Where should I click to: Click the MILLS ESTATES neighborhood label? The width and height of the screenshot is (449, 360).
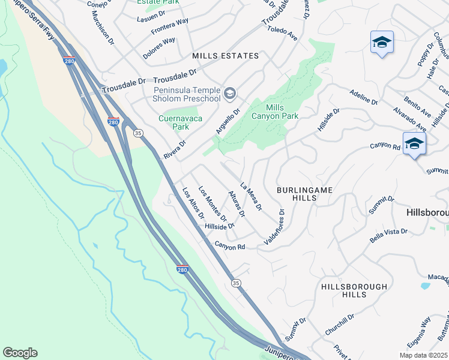225,56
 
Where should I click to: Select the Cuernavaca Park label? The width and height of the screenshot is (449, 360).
182,122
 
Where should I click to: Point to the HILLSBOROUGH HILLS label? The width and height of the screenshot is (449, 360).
354,291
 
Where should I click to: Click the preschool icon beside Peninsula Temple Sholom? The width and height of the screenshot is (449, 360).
229,94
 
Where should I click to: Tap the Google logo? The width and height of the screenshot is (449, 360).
20,353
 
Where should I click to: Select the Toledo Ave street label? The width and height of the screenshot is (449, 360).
283,32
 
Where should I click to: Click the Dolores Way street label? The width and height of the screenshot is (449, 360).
159,49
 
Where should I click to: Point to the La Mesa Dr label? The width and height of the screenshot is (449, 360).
252,196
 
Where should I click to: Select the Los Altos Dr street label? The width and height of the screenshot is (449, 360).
193,203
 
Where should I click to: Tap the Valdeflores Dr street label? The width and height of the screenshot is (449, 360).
273,229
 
